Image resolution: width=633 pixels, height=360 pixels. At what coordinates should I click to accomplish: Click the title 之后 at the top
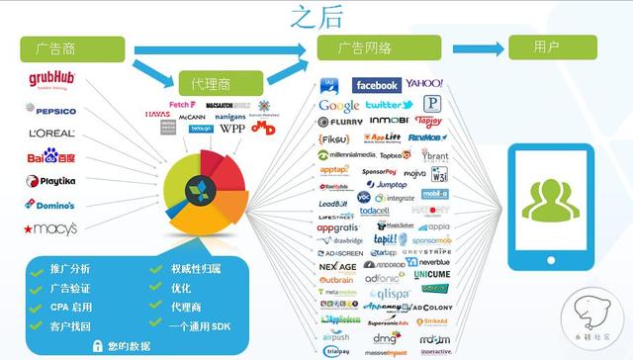point(316,17)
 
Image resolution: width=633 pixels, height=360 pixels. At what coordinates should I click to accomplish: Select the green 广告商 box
point(72,47)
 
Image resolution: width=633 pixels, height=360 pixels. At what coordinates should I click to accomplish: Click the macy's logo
point(50,228)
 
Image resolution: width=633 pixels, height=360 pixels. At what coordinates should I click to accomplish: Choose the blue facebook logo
point(376,86)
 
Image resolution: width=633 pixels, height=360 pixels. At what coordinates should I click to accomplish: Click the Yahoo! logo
point(424,84)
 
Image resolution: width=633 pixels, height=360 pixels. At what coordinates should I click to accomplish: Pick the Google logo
point(339,106)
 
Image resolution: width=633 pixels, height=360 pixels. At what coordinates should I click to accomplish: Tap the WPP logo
point(232,129)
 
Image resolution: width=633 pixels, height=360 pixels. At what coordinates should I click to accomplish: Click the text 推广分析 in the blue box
point(68,269)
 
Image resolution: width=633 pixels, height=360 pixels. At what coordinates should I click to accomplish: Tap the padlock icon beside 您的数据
point(99,345)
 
